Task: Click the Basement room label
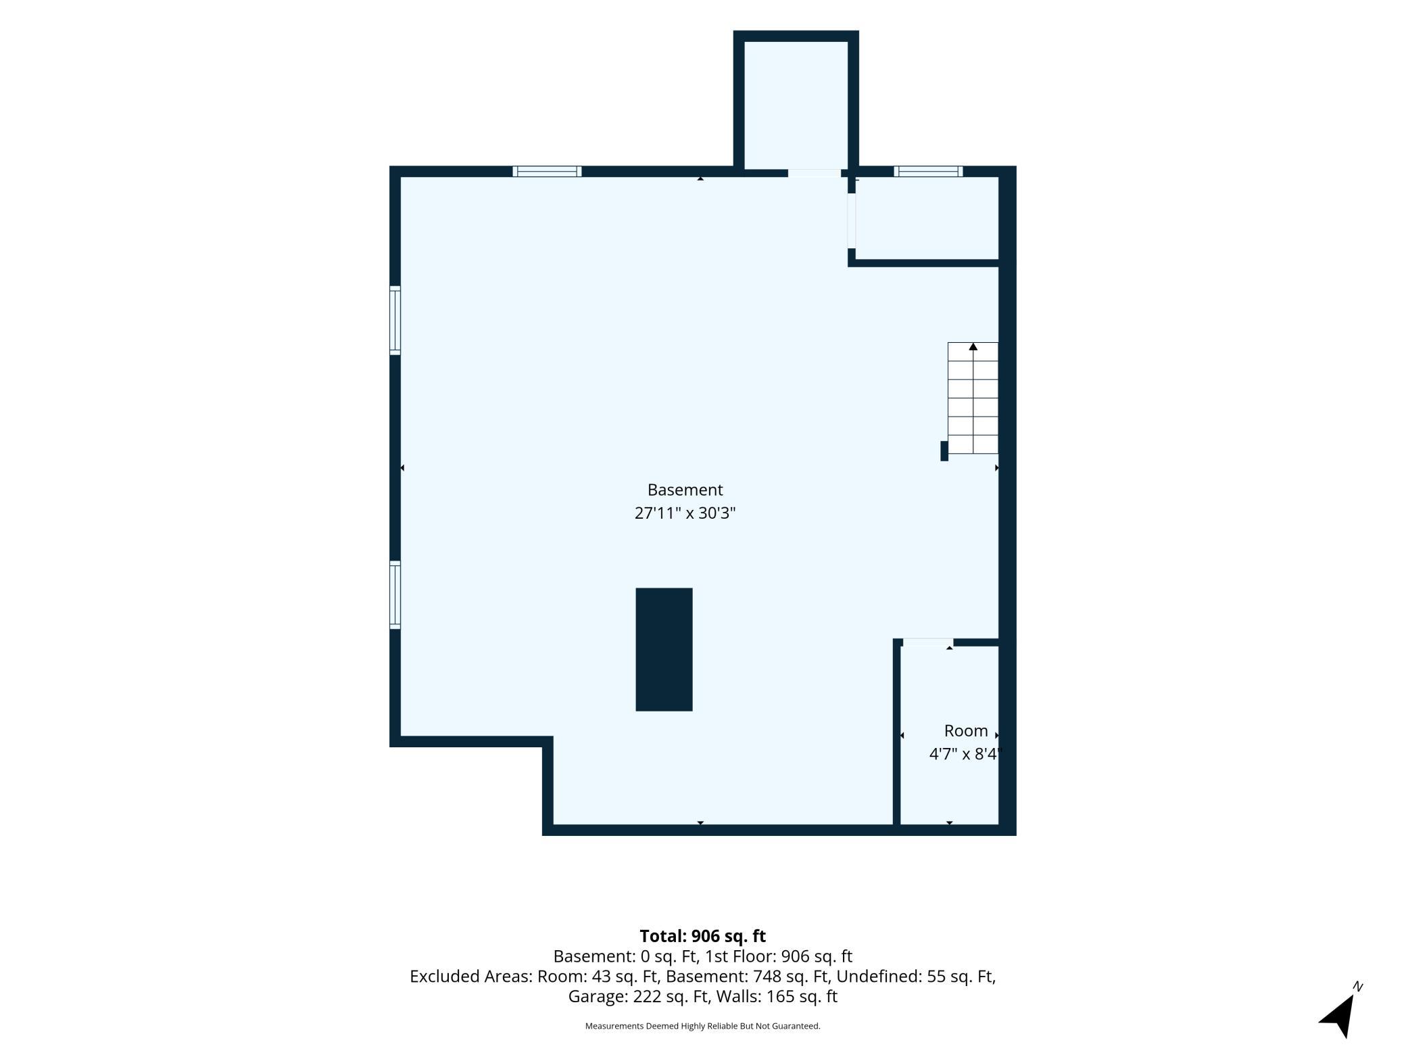[x=685, y=490]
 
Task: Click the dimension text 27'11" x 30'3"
[x=685, y=513]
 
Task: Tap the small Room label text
[x=966, y=731]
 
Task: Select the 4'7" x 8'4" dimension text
[x=964, y=754]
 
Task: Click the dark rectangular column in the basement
[x=664, y=649]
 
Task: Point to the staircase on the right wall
[x=973, y=398]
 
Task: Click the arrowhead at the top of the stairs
[x=973, y=347]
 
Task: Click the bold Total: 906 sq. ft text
[x=702, y=936]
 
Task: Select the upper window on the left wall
[x=395, y=320]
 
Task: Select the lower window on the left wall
[x=395, y=594]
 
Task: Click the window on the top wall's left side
[x=547, y=171]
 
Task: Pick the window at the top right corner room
[x=928, y=171]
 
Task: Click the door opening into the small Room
[x=928, y=642]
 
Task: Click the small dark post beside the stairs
[x=944, y=451]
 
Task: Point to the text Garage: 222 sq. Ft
[x=639, y=996]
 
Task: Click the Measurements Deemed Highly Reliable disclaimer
[x=702, y=1026]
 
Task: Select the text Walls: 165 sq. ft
[x=777, y=996]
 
